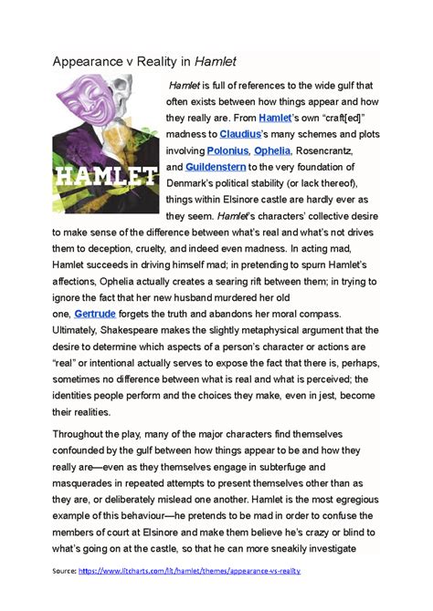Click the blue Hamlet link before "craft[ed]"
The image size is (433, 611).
[x=275, y=118]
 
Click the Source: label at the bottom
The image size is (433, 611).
[x=65, y=570]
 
